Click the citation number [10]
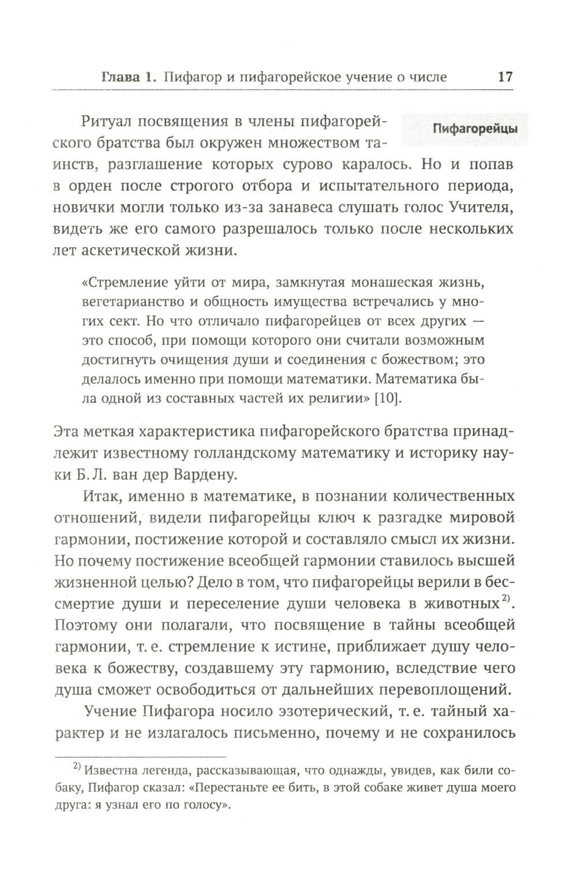(x=388, y=398)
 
